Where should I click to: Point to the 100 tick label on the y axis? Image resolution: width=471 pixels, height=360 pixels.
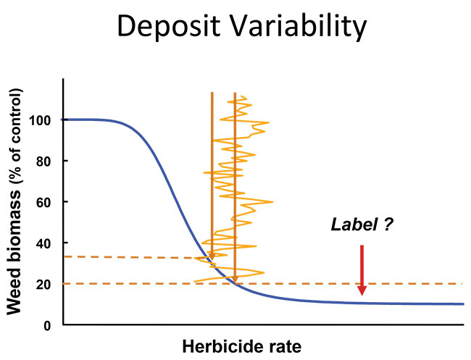click(39, 121)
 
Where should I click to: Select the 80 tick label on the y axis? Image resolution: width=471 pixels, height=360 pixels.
click(43, 162)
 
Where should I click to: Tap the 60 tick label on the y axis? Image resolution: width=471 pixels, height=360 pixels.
click(43, 203)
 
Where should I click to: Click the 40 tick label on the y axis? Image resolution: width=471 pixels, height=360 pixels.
click(43, 243)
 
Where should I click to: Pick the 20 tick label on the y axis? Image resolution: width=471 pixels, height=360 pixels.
click(43, 285)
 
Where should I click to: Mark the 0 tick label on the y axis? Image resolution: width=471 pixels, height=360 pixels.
click(47, 326)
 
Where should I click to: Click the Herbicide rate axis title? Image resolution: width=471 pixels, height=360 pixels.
click(242, 347)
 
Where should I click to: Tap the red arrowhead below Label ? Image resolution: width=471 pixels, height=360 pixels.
click(362, 290)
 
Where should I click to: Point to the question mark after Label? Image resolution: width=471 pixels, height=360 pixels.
click(388, 225)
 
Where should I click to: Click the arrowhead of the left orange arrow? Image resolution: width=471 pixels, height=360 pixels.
click(212, 257)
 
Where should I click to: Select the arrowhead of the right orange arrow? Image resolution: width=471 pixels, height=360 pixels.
click(235, 280)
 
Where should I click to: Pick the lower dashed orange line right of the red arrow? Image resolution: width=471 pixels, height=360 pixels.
click(414, 284)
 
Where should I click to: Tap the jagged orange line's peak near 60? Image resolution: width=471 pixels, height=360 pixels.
click(272, 202)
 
